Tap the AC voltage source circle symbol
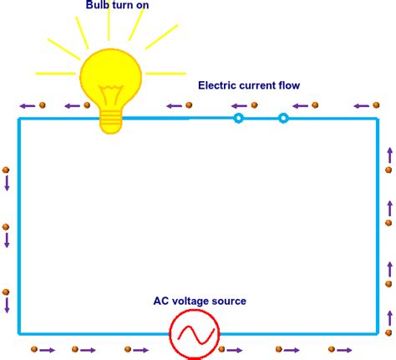tap(195, 334)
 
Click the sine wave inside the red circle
tap(195, 335)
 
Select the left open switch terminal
tap(238, 119)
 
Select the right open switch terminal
tap(283, 119)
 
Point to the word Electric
tap(218, 85)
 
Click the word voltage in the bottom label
tap(193, 301)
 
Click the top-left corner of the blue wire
tap(19, 119)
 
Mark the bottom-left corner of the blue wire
tap(19, 334)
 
